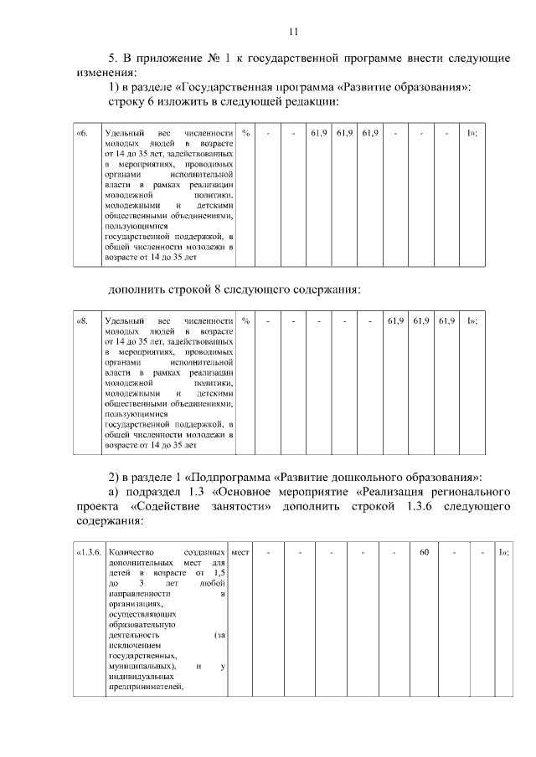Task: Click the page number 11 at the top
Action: click(293, 32)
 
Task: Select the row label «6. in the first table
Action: click(82, 133)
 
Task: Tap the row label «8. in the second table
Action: click(82, 320)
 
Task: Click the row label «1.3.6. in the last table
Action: click(88, 552)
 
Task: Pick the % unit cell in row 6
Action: click(246, 133)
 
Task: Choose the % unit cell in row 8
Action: click(246, 320)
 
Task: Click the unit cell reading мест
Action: click(240, 552)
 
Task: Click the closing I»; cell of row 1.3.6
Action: click(504, 552)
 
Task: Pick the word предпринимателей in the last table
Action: click(145, 688)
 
